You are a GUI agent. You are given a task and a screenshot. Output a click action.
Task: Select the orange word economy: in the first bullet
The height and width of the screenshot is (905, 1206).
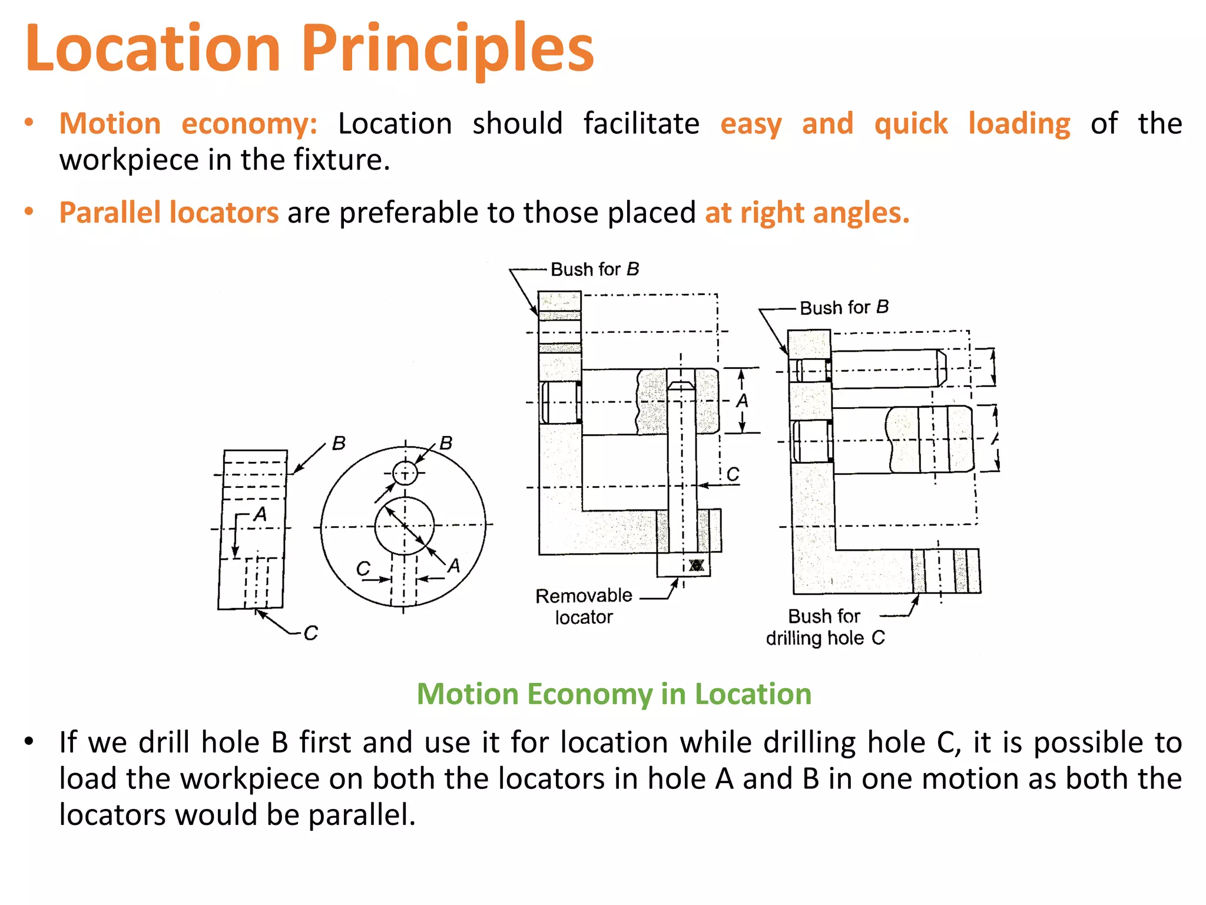249,124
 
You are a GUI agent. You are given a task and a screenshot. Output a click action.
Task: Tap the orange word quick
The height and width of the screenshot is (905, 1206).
910,124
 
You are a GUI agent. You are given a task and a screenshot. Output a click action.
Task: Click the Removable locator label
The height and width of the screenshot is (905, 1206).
583,606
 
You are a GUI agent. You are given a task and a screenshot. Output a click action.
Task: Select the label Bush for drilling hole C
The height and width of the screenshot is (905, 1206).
824,627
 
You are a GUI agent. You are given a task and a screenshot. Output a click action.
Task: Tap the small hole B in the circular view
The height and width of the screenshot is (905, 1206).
405,473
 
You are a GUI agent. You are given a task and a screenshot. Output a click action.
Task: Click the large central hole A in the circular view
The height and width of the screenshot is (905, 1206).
405,526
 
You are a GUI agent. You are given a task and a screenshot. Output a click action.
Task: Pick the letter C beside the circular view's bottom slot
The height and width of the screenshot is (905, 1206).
363,569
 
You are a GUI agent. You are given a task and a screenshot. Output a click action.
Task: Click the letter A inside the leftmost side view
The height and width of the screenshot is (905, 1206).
260,514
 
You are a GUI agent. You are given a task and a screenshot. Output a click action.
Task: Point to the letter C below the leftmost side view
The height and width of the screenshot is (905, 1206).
310,633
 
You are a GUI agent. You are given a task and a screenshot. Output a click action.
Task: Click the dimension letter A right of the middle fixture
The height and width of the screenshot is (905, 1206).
743,401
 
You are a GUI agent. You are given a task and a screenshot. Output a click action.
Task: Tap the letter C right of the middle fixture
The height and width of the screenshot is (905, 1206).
733,474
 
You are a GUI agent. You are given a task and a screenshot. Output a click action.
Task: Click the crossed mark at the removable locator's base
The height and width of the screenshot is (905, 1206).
697,565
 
